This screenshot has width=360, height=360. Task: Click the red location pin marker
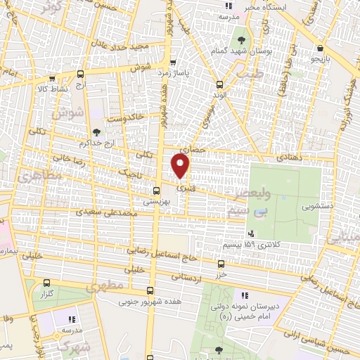pyautogui.click(x=181, y=165)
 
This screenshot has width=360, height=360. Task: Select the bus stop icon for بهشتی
pyautogui.click(x=157, y=190)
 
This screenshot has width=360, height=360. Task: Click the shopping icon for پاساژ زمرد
pyautogui.click(x=173, y=61)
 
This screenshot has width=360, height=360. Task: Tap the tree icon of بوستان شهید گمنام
pyautogui.click(x=242, y=39)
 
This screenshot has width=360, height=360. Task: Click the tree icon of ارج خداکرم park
pyautogui.click(x=96, y=131)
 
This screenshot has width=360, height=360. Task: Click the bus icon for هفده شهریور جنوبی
pyautogui.click(x=150, y=290)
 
